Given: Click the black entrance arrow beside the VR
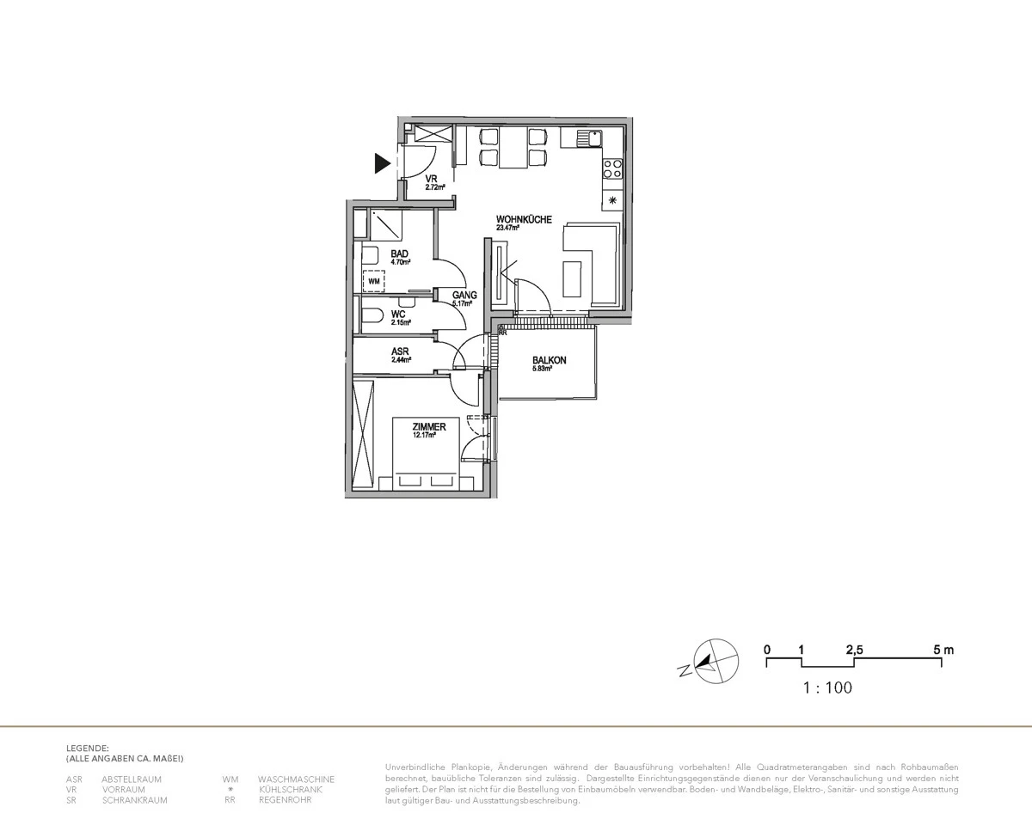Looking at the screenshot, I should tap(382, 163).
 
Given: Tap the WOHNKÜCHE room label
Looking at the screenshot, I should tap(524, 219).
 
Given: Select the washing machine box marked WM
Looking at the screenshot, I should tap(374, 280).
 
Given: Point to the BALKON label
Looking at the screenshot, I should tap(549, 361).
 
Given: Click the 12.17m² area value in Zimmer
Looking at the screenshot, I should tap(424, 436).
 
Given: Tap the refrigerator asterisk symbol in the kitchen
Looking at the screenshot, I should tap(613, 200).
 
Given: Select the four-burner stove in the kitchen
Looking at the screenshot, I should tap(613, 168).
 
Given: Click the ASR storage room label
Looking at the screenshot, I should tap(399, 351).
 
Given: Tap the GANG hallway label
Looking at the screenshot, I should tap(464, 295).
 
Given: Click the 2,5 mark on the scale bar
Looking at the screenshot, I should tap(854, 650).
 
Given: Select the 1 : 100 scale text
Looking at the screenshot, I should tap(827, 687).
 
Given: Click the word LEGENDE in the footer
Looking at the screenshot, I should tap(87, 749).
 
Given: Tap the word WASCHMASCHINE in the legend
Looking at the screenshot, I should tap(290, 779).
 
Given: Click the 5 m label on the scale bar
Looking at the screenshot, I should tap(943, 650).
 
